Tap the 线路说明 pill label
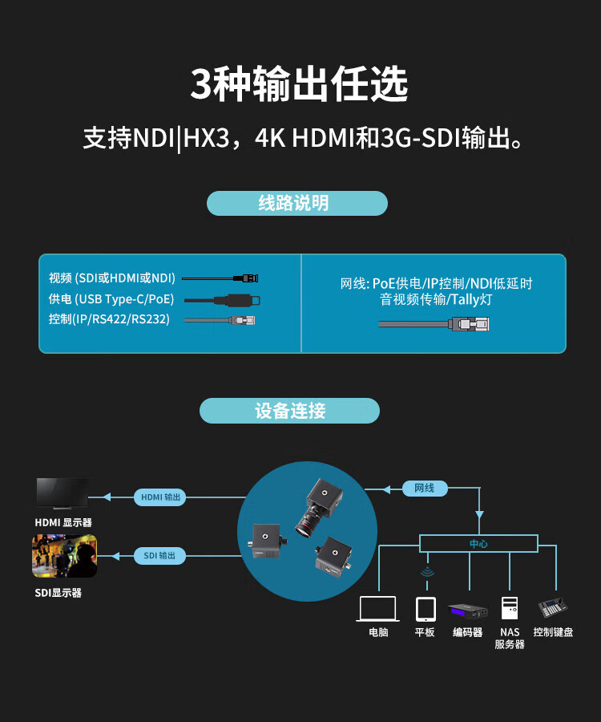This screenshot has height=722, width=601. pyautogui.click(x=296, y=203)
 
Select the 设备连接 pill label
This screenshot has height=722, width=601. pyautogui.click(x=289, y=411)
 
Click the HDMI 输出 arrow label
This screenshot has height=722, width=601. pyautogui.click(x=160, y=497)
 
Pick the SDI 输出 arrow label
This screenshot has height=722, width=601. pyautogui.click(x=159, y=555)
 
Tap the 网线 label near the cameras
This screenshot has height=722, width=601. pyautogui.click(x=424, y=488)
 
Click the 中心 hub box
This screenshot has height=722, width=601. pyautogui.click(x=478, y=544)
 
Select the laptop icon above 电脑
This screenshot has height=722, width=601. pyautogui.click(x=378, y=609)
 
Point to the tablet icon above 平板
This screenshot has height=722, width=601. pyautogui.click(x=426, y=609)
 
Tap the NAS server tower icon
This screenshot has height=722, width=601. pyautogui.click(x=510, y=607)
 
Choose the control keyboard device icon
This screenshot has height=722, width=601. pyautogui.click(x=553, y=607)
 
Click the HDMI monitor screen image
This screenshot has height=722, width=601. pyautogui.click(x=63, y=493)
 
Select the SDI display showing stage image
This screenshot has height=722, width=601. pyautogui.click(x=64, y=556)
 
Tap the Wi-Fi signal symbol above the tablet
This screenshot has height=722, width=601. pyautogui.click(x=426, y=573)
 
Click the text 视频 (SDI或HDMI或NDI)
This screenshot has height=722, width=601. pyautogui.click(x=112, y=278)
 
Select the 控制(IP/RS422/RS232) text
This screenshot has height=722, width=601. pyautogui.click(x=109, y=319)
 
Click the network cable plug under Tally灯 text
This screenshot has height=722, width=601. pyautogui.click(x=470, y=323)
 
